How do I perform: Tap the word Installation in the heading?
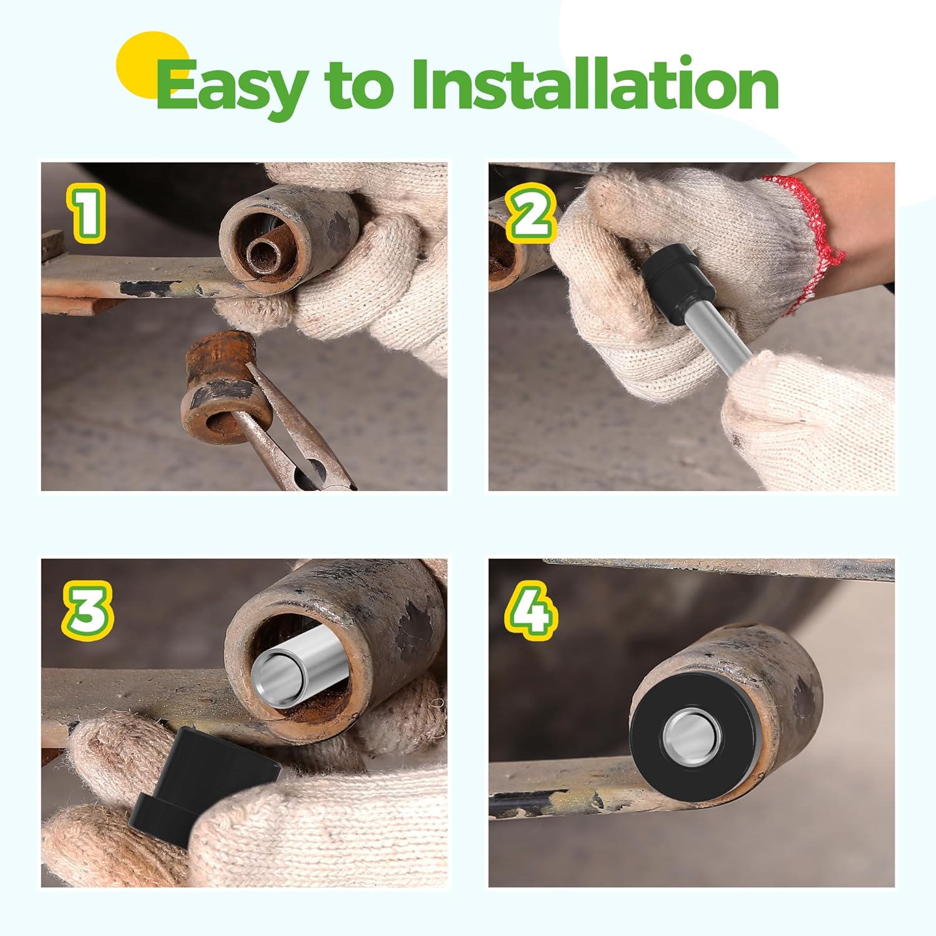point(595,82)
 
